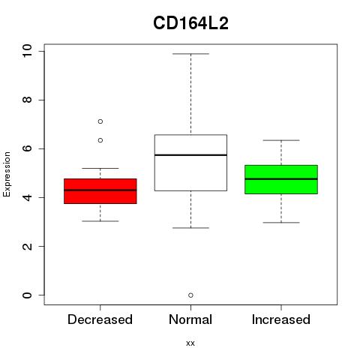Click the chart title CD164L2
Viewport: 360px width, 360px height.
(190, 23)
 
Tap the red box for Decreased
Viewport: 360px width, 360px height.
(100, 191)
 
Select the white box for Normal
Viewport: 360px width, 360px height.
(190, 163)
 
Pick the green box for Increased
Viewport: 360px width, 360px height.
(281, 179)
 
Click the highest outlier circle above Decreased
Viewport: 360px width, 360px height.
(100, 121)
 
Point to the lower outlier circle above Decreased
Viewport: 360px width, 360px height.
(100, 140)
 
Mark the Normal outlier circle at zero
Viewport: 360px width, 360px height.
(190, 295)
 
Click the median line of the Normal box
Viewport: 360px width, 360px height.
(190, 155)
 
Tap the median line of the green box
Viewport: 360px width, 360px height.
(281, 179)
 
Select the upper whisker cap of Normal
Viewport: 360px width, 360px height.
(190, 54)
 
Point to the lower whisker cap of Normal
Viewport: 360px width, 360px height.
(190, 228)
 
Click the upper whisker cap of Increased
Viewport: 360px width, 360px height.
(281, 140)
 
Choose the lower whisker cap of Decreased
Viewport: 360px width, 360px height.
(100, 221)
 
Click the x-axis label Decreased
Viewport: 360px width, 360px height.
(100, 319)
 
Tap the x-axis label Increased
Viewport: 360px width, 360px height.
(281, 319)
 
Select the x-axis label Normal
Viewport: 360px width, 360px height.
(190, 319)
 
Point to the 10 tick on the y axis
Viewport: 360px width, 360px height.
(41, 51)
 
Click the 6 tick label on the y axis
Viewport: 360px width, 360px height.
(27, 148)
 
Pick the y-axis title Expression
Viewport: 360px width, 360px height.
(7, 174)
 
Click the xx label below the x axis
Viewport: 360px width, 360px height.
(190, 343)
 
